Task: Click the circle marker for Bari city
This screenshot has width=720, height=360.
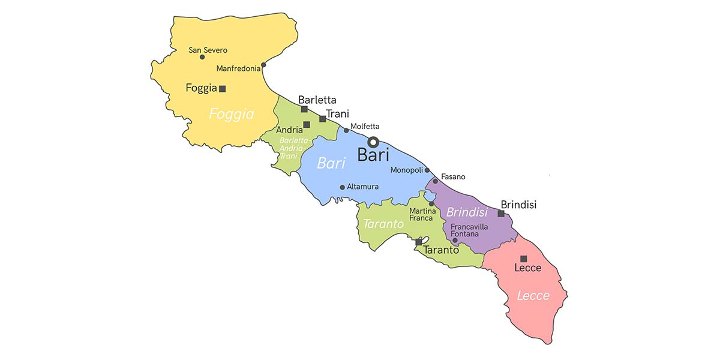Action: coord(373,142)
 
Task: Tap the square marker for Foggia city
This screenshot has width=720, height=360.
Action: coord(223,89)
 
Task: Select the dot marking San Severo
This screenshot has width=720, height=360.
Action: coord(202,57)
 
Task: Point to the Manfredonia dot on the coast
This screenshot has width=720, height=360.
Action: coord(263,65)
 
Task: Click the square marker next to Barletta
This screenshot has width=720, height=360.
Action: coord(304,109)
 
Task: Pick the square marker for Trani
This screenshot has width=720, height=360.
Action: coord(323,119)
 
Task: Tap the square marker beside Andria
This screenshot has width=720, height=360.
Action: coord(307,125)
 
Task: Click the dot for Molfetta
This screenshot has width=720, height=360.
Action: coord(346,130)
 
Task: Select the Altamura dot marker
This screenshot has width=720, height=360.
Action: coord(343,187)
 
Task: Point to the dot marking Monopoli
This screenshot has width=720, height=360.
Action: coord(427,170)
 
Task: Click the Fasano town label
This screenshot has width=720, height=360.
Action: coord(453,176)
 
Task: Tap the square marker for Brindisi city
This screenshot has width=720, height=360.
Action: coord(501,213)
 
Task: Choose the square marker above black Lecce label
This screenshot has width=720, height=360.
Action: coord(524,259)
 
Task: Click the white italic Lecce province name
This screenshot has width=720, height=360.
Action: coord(533,295)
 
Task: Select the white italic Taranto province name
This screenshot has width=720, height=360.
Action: coord(383,224)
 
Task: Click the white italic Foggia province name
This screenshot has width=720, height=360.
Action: coord(232,114)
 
